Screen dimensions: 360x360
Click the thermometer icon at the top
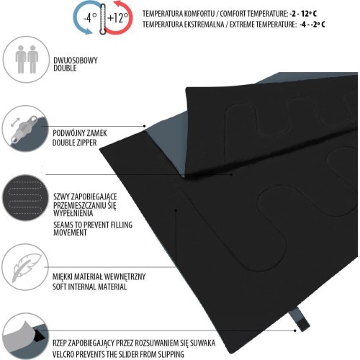103,19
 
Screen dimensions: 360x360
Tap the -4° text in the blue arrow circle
90,17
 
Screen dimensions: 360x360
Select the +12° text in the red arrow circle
118,17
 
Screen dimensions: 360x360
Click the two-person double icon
27,59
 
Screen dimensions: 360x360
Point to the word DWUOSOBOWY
76,60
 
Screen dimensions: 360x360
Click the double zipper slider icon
23,129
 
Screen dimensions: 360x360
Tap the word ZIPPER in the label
85,143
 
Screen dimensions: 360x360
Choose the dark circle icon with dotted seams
26,198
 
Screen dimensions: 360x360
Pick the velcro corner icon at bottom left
25,336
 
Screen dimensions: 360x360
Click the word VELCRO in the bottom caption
64,354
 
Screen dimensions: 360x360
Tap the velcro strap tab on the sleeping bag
300,319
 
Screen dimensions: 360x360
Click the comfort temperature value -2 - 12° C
303,14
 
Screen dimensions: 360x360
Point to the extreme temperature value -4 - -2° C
312,24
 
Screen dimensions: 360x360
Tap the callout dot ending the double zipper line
145,126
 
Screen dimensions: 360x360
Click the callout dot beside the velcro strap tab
295,330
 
